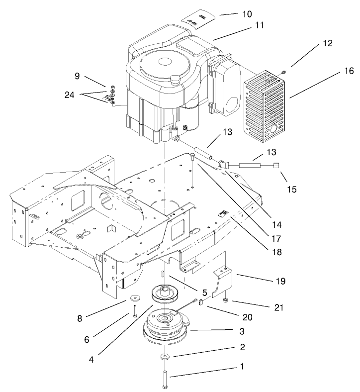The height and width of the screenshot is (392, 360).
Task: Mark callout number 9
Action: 77,77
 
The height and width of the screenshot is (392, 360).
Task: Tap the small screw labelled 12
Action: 283,73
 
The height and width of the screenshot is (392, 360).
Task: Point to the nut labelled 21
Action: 225,300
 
